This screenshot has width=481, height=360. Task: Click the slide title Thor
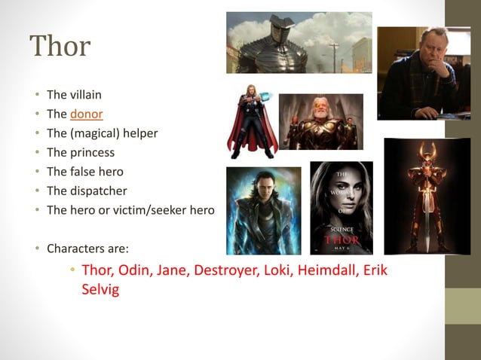click(60, 47)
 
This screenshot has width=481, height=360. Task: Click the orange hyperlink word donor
click(86, 114)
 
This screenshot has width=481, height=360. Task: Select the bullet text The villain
click(74, 95)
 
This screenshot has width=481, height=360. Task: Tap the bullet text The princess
click(80, 153)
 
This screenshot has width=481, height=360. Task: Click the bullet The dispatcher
click(86, 191)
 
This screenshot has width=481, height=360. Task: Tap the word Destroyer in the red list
click(224, 270)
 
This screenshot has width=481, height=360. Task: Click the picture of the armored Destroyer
click(299, 42)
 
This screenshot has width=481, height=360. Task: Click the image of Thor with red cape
click(252, 122)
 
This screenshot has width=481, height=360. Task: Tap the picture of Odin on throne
click(321, 122)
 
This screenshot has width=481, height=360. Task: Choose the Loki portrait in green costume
click(263, 210)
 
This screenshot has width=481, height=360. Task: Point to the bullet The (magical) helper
click(102, 133)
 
